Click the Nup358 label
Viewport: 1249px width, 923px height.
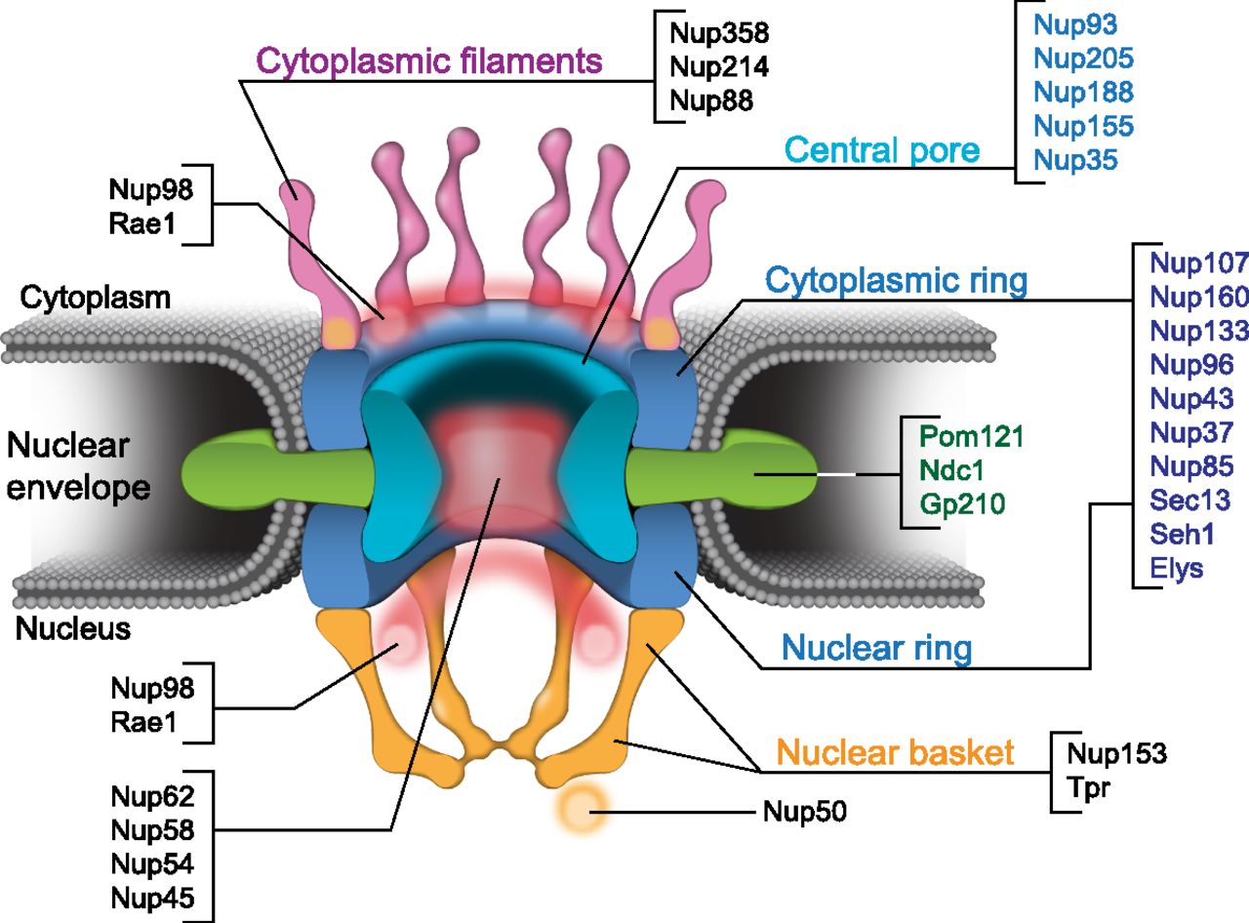(719, 33)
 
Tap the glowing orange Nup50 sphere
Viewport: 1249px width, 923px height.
(581, 809)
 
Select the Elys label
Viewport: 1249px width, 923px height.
(1177, 569)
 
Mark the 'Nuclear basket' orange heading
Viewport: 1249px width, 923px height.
(894, 751)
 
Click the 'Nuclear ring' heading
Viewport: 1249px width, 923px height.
(876, 647)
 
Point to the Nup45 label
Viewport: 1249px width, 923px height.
(153, 899)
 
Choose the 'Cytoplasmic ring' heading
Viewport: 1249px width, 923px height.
(896, 281)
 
